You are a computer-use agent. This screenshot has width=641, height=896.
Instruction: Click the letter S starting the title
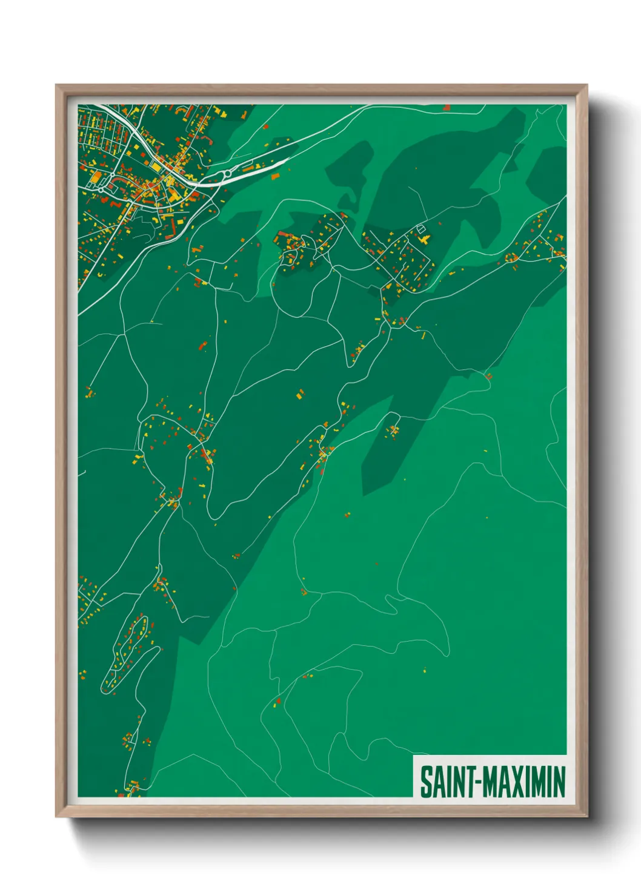(x=425, y=782)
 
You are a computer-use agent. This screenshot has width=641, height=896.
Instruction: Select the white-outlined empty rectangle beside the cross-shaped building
(x=420, y=229)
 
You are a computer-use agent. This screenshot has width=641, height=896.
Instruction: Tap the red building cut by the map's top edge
(x=447, y=107)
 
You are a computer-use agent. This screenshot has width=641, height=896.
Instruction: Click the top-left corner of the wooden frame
(x=56, y=85)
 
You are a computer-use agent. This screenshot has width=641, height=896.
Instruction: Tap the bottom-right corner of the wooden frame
(x=586, y=816)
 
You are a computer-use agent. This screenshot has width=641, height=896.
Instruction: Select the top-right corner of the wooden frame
(x=586, y=85)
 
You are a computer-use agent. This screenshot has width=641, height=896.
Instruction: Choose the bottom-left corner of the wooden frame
(x=56, y=816)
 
